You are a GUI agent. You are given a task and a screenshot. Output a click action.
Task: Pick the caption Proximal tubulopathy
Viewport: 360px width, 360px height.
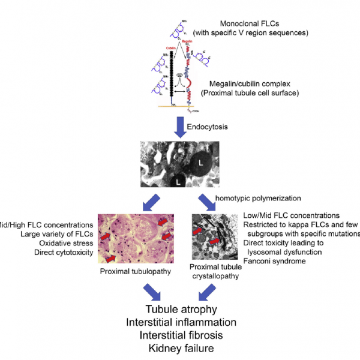pos(134,271)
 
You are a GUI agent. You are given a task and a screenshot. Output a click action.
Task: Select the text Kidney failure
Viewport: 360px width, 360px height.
pos(181,348)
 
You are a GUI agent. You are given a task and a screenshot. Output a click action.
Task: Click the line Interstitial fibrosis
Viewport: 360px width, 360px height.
pos(181,335)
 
